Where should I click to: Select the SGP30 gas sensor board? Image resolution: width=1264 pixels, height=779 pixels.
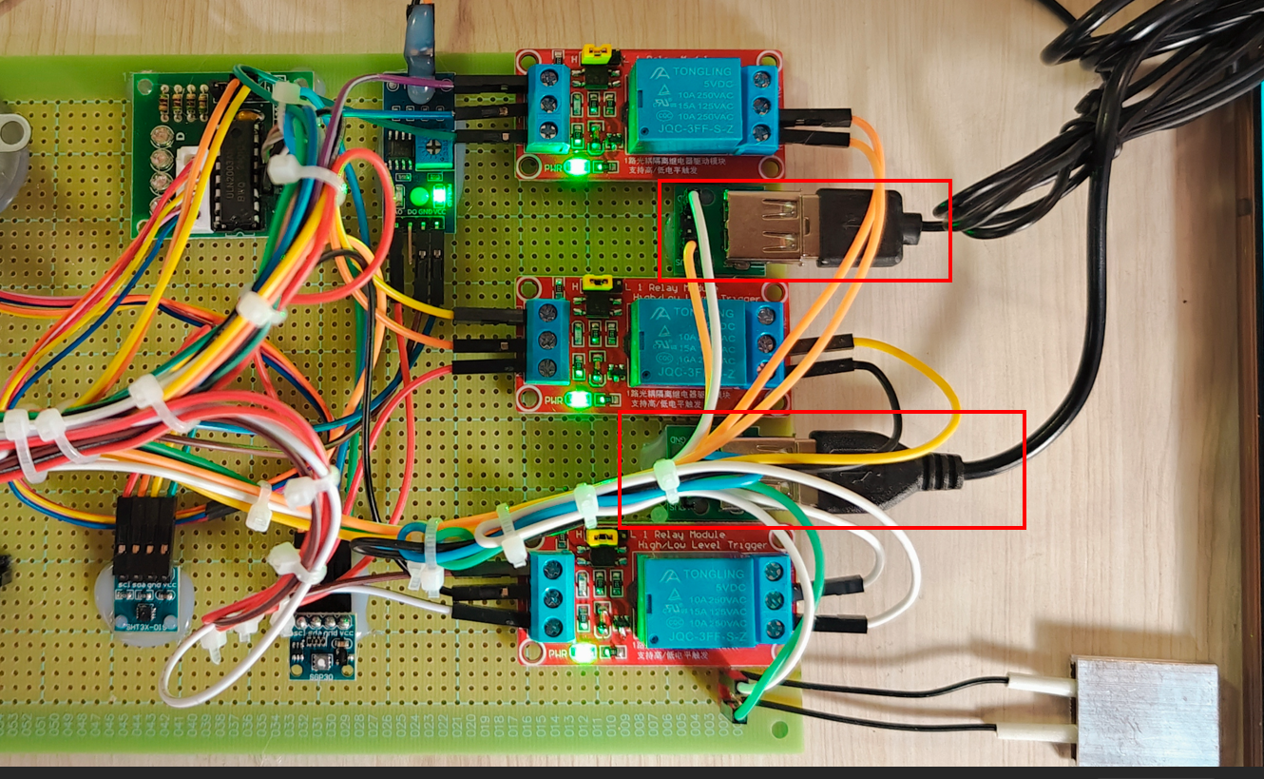pos(320,656)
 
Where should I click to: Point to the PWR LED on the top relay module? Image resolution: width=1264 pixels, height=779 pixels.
pos(576,169)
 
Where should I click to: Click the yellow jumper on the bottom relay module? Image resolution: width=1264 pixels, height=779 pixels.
pos(601,538)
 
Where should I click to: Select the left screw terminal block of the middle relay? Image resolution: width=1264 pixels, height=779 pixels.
pos(546,340)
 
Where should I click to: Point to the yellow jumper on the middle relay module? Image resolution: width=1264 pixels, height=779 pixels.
pos(597,282)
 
